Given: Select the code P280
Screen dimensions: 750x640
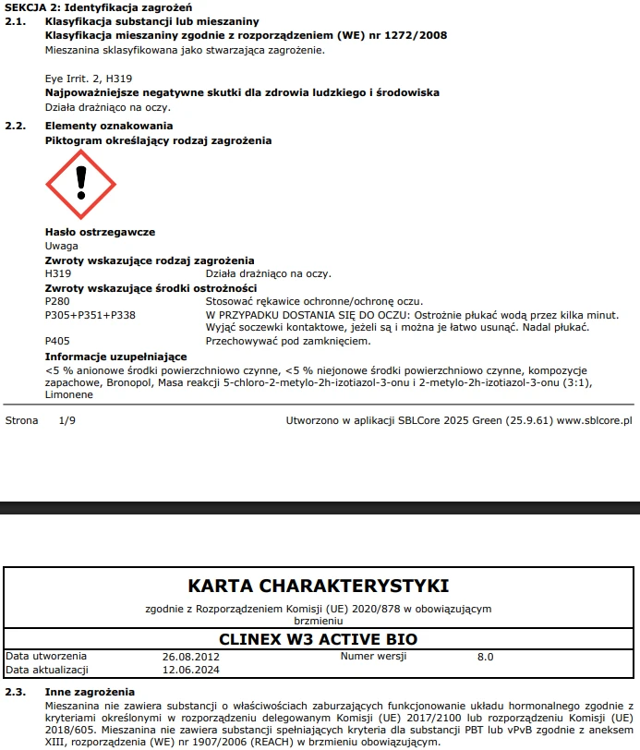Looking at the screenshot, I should click(x=57, y=301).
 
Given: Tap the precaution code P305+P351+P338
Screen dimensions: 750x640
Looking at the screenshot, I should click(x=91, y=315).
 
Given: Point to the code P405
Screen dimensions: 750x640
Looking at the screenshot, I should click(x=57, y=341).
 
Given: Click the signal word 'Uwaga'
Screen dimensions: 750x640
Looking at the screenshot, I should click(x=61, y=246).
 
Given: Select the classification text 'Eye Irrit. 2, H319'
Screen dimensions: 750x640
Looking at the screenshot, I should click(x=89, y=79).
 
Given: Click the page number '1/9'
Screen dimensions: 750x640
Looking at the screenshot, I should click(x=67, y=420).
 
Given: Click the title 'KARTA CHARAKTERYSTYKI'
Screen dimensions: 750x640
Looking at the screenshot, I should click(x=319, y=586).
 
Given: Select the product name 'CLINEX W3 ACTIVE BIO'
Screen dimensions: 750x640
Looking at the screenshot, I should click(x=319, y=639).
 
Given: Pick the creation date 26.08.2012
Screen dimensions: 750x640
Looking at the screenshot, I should click(x=190, y=657).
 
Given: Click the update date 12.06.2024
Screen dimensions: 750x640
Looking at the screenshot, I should click(x=190, y=670).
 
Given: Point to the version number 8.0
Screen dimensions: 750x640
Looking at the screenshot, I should click(x=485, y=657).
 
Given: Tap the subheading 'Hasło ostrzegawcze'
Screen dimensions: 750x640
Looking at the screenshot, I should click(x=100, y=232).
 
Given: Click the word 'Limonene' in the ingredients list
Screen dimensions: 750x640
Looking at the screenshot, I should click(x=69, y=394).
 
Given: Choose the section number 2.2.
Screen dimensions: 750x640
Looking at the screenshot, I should click(x=15, y=126).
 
